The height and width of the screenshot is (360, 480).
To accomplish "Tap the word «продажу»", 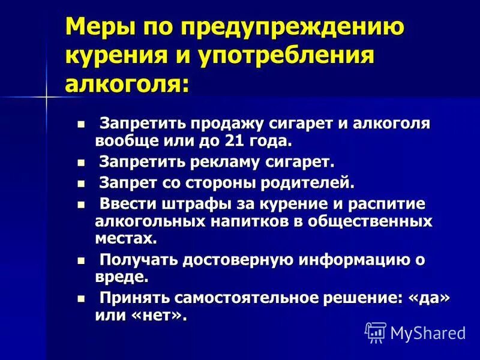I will [226, 124].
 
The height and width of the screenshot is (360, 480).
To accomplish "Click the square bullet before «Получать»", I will [82, 260].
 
